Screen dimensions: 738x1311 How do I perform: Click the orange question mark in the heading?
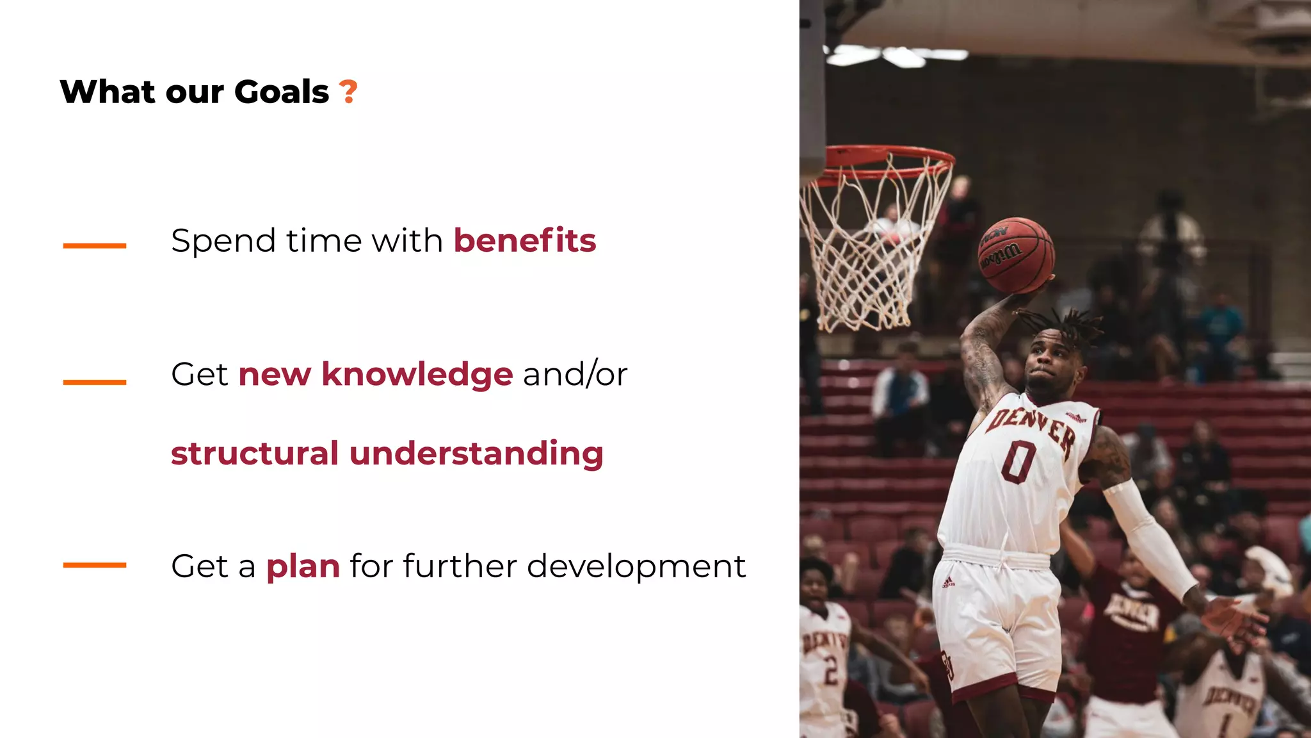coord(348,92)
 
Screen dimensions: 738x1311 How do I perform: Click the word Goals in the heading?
coord(281,92)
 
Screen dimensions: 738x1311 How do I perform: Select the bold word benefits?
coord(525,241)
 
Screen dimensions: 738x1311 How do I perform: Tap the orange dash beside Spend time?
coord(95,245)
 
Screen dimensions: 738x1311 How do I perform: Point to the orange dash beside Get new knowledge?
coord(95,382)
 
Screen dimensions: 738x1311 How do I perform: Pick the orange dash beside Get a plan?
coord(95,565)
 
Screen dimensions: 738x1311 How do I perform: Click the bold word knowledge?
coord(417,374)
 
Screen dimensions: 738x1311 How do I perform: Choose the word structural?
coord(254,454)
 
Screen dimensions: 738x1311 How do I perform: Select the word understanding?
coord(476,455)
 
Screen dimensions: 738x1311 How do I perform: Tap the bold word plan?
coord(303,567)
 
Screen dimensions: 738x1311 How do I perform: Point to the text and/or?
coord(575,374)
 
